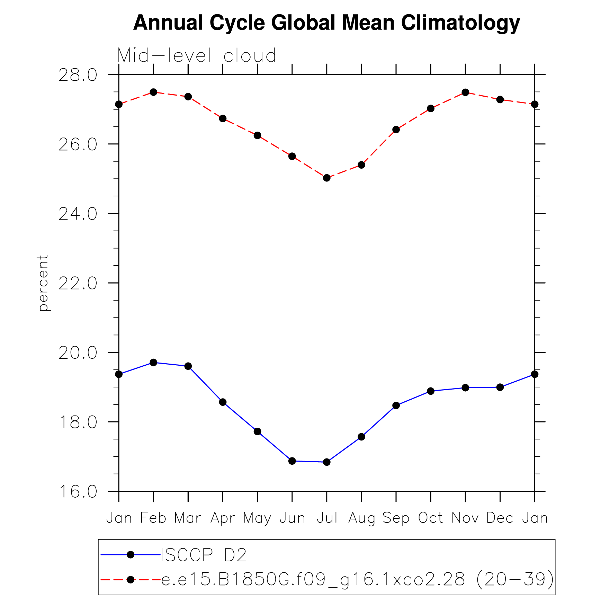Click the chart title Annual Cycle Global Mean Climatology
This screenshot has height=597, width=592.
tap(326, 23)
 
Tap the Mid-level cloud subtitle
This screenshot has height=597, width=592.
tap(197, 55)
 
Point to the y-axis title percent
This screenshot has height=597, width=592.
tap(43, 283)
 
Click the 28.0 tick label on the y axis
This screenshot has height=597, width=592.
tap(78, 75)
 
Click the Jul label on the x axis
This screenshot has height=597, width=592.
tap(327, 518)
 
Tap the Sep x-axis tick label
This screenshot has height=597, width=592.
tap(396, 518)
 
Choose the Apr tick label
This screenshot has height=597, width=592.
tap(223, 518)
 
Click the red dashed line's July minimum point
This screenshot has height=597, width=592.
tap(327, 178)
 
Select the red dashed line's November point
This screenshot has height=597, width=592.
tap(465, 92)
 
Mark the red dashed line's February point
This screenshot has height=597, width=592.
tap(153, 92)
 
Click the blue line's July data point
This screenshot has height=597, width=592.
tap(327, 462)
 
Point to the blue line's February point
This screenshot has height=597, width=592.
tap(153, 363)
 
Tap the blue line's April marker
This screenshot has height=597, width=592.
tap(223, 402)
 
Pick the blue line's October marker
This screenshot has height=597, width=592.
tap(431, 391)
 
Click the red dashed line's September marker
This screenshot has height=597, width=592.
tap(396, 130)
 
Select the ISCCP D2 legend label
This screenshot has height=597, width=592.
tap(204, 555)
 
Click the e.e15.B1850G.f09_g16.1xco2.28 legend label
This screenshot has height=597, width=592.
tap(358, 579)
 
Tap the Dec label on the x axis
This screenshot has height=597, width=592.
tap(500, 518)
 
